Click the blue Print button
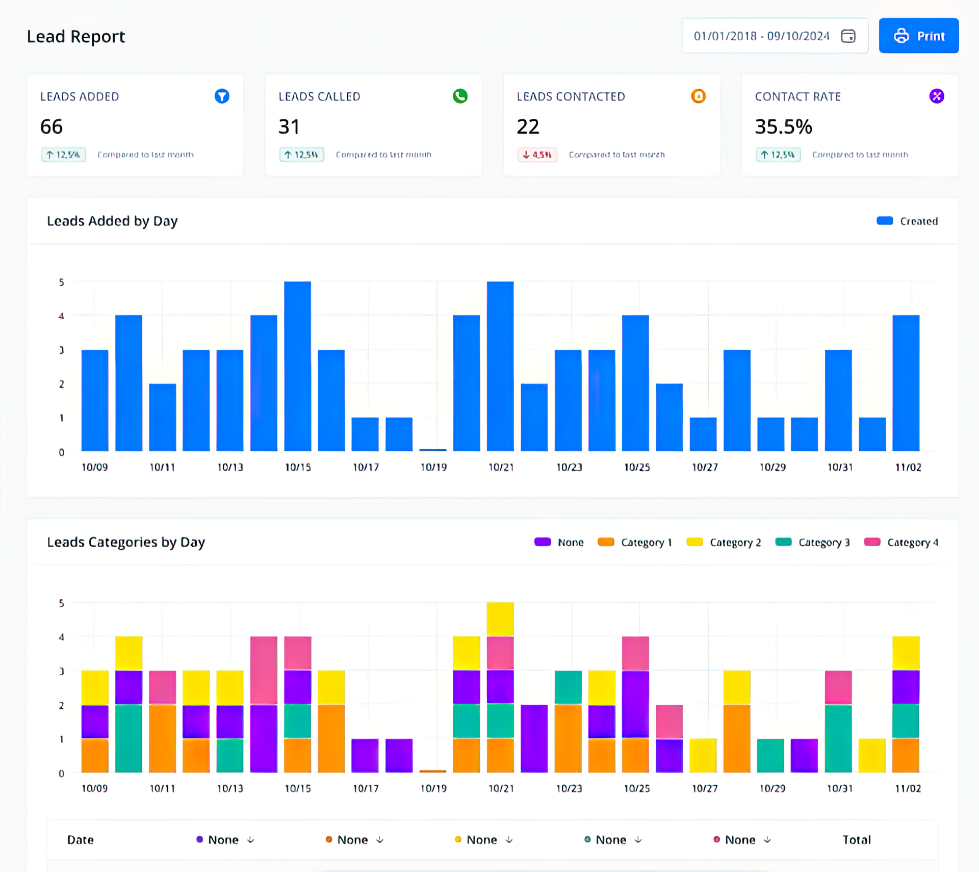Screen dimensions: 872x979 [918, 36]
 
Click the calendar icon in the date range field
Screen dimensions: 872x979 [848, 36]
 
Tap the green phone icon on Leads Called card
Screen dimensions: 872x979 [460, 96]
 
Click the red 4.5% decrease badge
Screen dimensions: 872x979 [537, 155]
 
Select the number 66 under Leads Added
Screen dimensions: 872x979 [51, 126]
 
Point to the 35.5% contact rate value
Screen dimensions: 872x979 [783, 126]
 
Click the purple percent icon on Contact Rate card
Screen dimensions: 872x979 [936, 96]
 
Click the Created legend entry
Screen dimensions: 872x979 [907, 221]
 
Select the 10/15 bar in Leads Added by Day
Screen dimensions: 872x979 [297, 366]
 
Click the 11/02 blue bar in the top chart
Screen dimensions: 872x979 [906, 383]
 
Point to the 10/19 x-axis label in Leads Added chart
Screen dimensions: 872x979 [433, 467]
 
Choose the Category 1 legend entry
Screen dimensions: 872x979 [635, 542]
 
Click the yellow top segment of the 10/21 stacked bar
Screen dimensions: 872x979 [500, 619]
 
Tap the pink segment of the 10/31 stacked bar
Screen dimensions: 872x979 [838, 687]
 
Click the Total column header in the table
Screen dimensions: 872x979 [856, 840]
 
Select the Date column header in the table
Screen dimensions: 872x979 [81, 840]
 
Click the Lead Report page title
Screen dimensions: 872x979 [76, 36]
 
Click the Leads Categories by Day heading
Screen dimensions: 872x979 [126, 542]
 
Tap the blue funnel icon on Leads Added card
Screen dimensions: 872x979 [222, 96]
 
